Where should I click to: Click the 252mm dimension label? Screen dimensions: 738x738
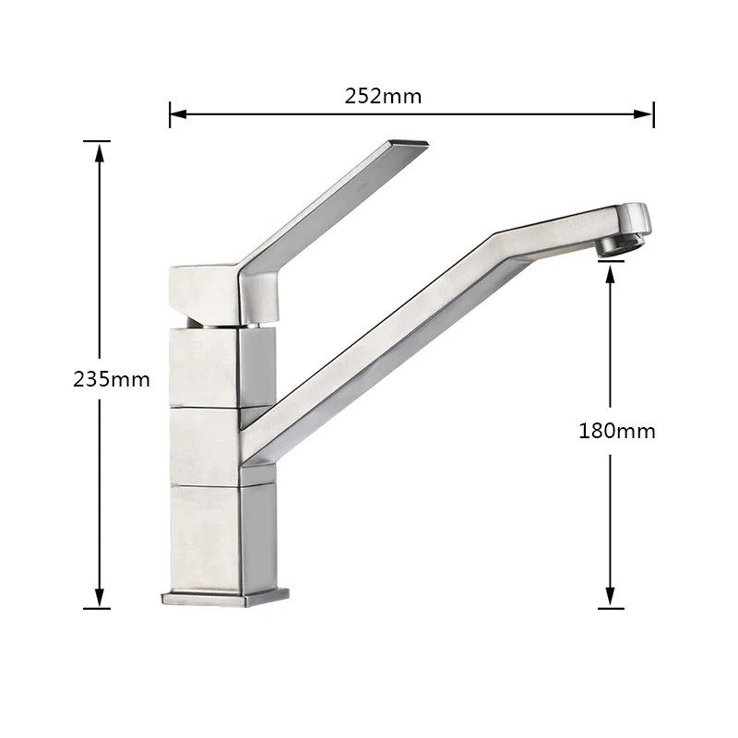pos(383,96)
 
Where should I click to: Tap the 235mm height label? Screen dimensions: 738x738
pos(112,379)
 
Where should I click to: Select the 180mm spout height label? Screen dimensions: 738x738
pos(616,431)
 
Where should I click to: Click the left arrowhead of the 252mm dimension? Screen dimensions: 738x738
pos(178,113)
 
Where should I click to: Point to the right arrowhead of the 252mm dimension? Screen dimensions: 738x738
pos(644,113)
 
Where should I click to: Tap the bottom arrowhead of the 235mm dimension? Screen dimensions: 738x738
pos(100,598)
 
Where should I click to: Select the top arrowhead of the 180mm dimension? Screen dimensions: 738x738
pos(611,274)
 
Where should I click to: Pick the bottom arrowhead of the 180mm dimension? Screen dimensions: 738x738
pos(611,598)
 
